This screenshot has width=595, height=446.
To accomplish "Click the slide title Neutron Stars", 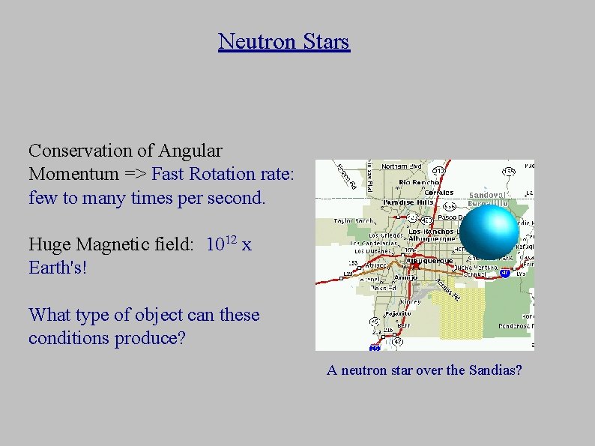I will point(283,41).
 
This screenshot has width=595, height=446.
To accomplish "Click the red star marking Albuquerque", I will point(414,265).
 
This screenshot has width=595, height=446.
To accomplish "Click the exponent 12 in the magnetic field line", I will point(233,239).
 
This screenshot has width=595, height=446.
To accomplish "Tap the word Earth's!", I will point(58,267).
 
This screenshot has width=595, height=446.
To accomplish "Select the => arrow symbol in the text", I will point(136,175).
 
